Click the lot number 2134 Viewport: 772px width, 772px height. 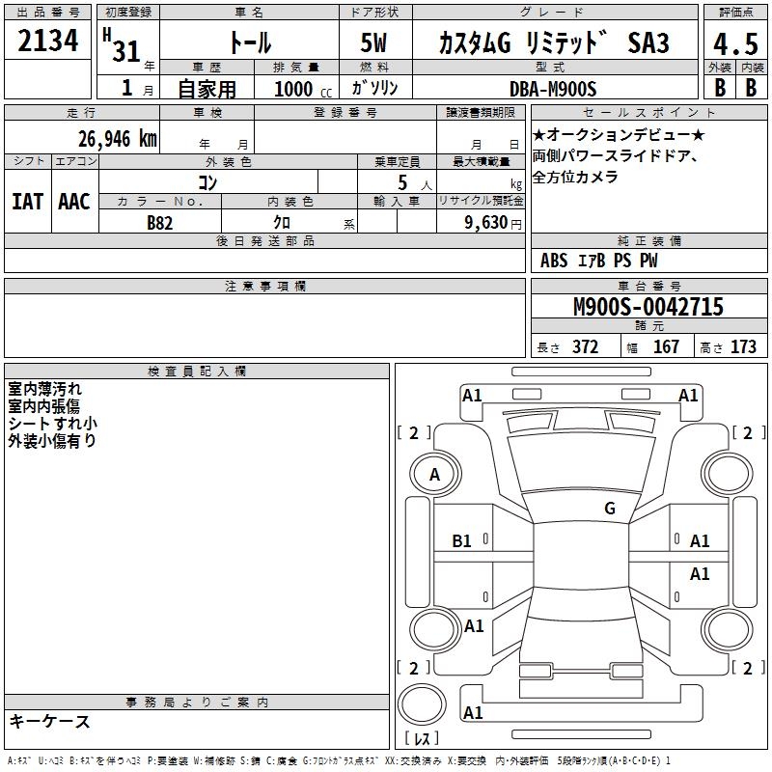47,41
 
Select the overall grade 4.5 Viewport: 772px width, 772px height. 735,44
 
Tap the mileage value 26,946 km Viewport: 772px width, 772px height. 118,139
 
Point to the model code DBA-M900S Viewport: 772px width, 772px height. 553,89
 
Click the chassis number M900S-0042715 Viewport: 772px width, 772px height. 648,306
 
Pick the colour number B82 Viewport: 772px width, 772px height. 160,223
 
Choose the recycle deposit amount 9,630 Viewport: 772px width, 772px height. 486,223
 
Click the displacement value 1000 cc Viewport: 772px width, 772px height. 303,89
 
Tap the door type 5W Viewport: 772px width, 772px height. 373,42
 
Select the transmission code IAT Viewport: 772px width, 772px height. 28,202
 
